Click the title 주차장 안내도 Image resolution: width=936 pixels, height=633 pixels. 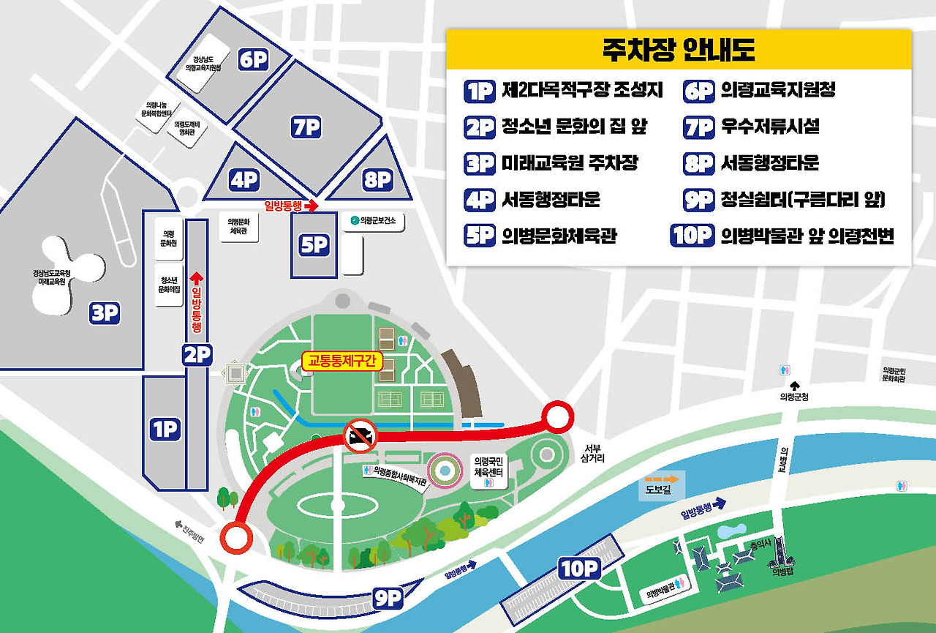click(x=679, y=50)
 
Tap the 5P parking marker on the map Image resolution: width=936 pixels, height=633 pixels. click(x=314, y=245)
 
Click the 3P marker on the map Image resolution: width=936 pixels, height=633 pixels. click(x=105, y=313)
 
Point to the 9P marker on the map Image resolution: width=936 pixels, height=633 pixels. click(x=388, y=598)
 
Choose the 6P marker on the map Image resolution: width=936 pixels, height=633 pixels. click(x=254, y=60)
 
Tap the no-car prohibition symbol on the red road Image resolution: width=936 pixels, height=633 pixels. click(x=359, y=437)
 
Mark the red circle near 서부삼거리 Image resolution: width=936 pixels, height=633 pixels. click(x=557, y=417)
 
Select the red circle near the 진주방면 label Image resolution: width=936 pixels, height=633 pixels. click(x=235, y=539)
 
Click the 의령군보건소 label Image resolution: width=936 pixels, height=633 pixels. click(x=377, y=220)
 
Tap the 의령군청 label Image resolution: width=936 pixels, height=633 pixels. click(x=794, y=397)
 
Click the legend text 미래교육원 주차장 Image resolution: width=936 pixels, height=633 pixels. click(x=570, y=163)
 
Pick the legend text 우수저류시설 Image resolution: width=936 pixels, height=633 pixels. click(x=770, y=127)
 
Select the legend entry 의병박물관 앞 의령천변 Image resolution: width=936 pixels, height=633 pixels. click(x=807, y=236)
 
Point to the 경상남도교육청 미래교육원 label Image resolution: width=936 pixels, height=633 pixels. click(x=53, y=277)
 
